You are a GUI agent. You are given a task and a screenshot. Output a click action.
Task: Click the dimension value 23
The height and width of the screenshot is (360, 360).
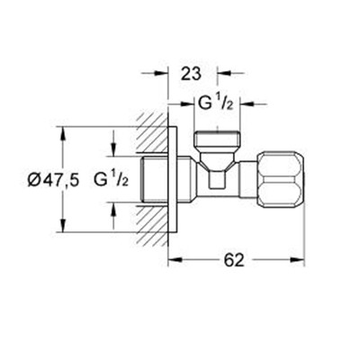click(192, 74)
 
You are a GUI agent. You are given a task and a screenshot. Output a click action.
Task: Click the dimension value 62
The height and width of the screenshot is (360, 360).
click(234, 260)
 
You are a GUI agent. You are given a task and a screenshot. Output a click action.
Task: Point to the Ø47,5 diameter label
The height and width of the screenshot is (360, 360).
click(54, 181)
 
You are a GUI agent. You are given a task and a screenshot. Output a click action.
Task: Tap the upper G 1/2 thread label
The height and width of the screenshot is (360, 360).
click(217, 104)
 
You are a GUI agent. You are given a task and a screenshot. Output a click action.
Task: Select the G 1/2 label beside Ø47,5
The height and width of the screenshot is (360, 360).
click(112, 180)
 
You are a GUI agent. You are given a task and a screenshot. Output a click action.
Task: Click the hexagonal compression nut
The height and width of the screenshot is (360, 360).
click(281, 179)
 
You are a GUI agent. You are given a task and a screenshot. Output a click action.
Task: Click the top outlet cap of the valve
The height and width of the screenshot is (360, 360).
click(218, 139)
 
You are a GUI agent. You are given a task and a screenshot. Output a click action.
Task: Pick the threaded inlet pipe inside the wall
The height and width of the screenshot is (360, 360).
click(154, 179)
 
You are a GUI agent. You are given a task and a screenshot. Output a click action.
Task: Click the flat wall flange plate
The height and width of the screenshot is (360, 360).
click(172, 179)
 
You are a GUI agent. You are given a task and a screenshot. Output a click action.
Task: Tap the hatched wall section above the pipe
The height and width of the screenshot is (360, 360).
click(152, 134)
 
